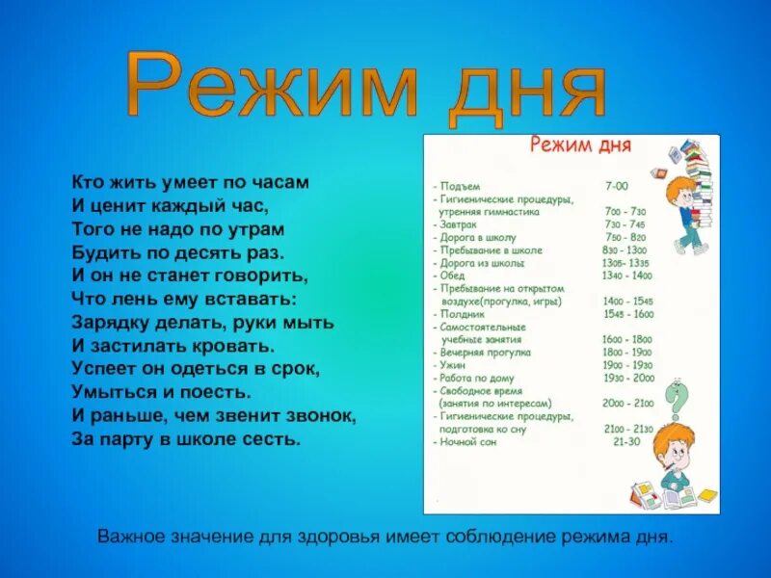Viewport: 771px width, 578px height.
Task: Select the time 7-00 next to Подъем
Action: coord(616,185)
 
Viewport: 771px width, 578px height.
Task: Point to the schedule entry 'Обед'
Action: coord(451,276)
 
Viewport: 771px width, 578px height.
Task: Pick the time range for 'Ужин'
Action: coord(627,365)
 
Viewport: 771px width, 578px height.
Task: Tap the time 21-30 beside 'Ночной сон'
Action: coord(626,442)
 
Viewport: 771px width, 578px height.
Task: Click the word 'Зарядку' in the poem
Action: coord(110,321)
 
